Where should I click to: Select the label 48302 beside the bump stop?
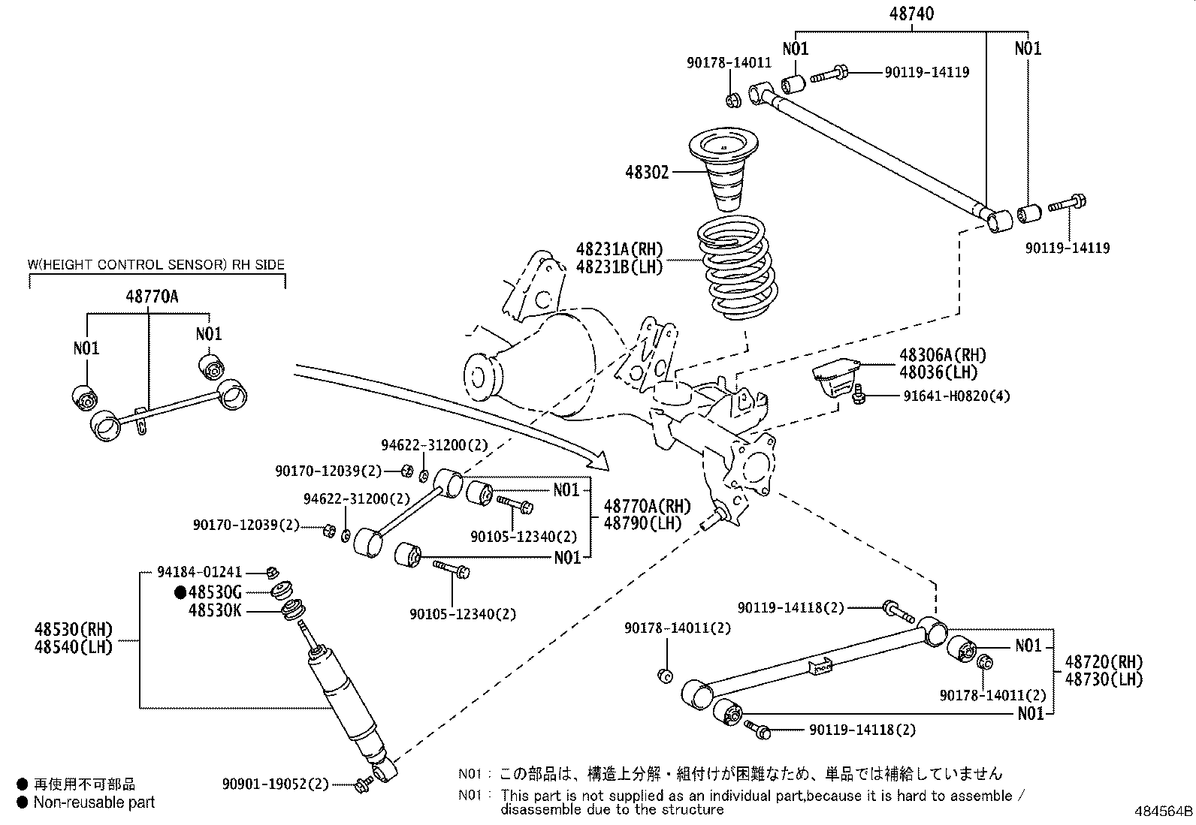tap(646, 173)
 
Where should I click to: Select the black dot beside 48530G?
tap(180, 592)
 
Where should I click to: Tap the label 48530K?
tap(215, 611)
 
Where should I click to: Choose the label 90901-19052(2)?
tap(276, 784)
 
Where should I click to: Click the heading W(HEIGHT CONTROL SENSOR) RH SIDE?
tap(156, 264)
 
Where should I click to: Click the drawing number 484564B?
tap(1163, 812)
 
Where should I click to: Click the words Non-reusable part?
tap(94, 802)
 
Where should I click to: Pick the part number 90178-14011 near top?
tap(728, 64)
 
